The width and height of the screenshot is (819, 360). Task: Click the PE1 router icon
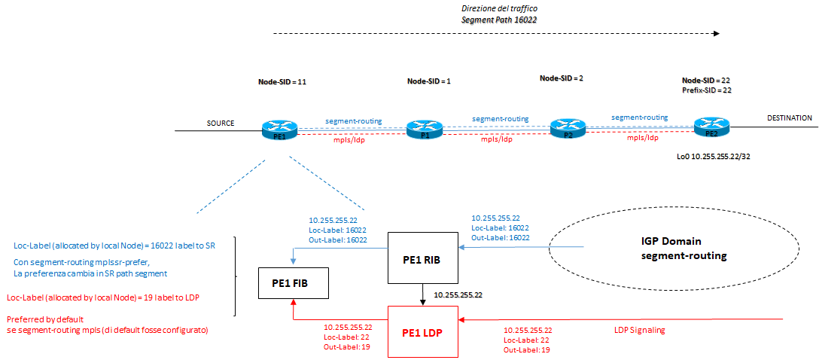pyautogui.click(x=279, y=130)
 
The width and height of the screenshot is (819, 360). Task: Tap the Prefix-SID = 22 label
pyautogui.click(x=707, y=90)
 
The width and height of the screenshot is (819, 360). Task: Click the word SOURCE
pyautogui.click(x=221, y=123)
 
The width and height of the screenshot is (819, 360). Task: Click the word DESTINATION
pyautogui.click(x=789, y=118)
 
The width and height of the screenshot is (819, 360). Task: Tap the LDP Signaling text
pyautogui.click(x=636, y=330)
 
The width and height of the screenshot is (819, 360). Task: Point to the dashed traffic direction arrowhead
pyautogui.click(x=716, y=34)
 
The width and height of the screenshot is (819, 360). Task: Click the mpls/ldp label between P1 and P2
pyautogui.click(x=496, y=139)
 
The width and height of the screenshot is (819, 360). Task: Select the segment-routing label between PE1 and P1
pyautogui.click(x=353, y=121)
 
